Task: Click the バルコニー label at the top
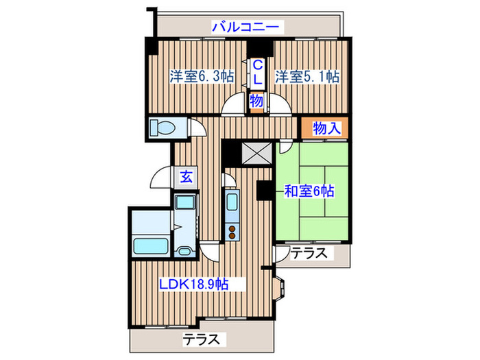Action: point(245,27)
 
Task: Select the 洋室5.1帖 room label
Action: point(308,77)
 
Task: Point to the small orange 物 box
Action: point(256,101)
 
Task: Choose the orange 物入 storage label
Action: point(325,128)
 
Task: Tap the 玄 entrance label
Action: point(187,176)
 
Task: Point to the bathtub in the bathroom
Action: point(147,245)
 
